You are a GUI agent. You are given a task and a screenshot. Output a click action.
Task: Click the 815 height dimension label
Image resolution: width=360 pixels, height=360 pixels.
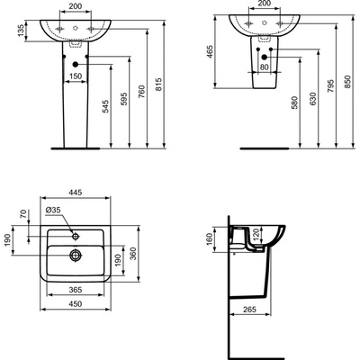pyautogui.click(x=158, y=85)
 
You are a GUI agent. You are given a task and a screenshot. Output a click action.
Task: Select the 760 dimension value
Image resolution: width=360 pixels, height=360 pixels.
pyautogui.click(x=141, y=92)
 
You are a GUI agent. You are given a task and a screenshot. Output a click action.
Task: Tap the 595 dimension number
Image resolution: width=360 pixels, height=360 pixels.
pyautogui.click(x=123, y=99)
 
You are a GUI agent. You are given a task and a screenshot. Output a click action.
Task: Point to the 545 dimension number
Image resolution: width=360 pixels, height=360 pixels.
pyautogui.click(x=105, y=106)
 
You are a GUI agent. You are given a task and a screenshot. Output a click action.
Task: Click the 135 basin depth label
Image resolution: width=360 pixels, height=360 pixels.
pyautogui.click(x=21, y=31)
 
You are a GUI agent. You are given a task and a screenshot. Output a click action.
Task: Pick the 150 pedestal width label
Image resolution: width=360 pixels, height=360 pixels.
pyautogui.click(x=76, y=76)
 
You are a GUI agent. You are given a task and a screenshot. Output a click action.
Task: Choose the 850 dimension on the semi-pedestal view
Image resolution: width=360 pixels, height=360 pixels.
pyautogui.click(x=347, y=81)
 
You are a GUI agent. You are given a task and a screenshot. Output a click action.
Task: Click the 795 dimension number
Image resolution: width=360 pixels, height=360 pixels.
pyautogui.click(x=330, y=85)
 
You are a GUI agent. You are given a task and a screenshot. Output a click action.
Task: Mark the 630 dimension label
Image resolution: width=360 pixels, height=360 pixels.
pyautogui.click(x=312, y=99)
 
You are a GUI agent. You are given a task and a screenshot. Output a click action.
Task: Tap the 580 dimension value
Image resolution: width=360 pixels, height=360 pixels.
pyautogui.click(x=295, y=103)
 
